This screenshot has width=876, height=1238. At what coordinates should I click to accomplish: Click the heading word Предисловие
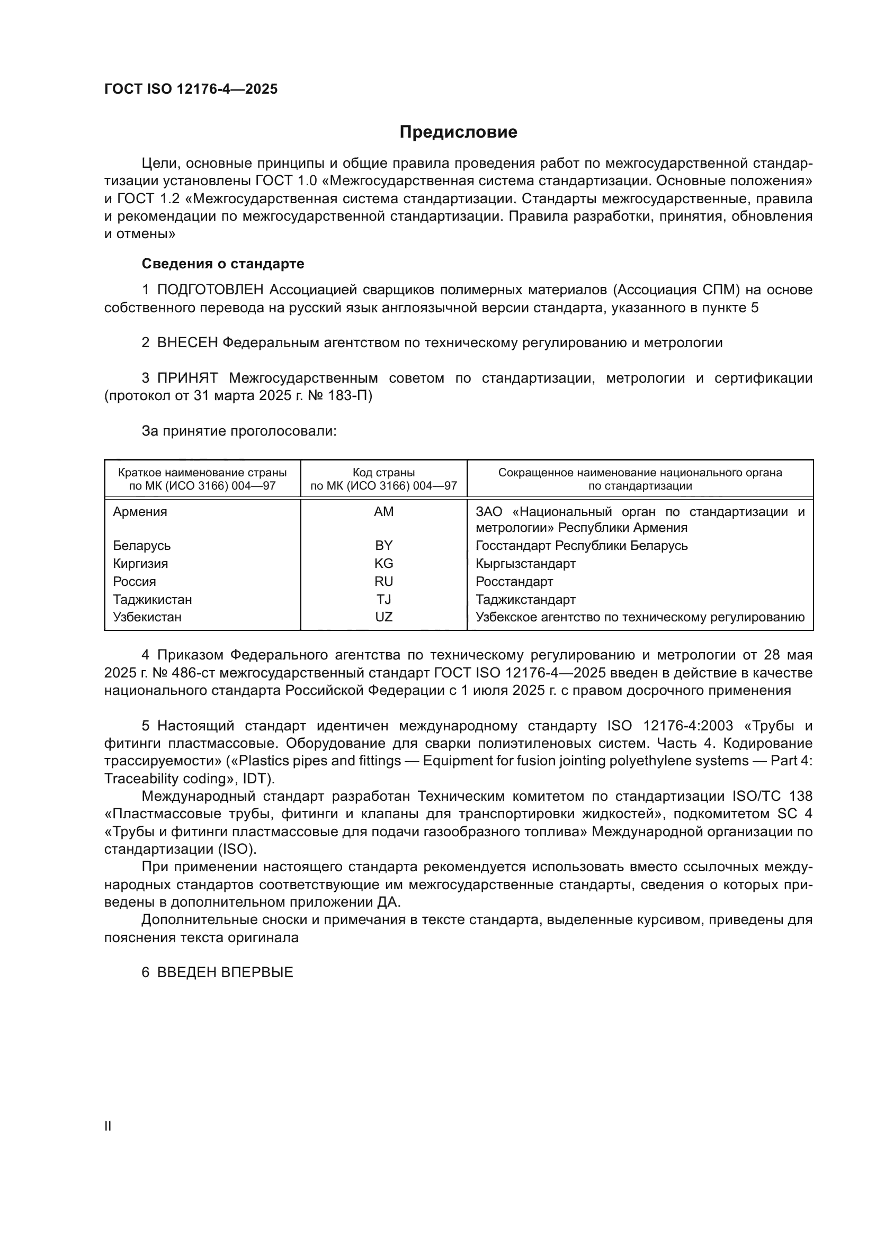[458, 132]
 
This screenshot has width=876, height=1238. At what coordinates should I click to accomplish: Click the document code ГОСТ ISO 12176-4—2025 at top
[191, 89]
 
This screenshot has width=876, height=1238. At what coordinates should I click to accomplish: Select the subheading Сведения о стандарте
[223, 264]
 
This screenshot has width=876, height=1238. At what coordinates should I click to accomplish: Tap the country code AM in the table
[383, 512]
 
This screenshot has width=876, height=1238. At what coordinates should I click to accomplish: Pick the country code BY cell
[383, 545]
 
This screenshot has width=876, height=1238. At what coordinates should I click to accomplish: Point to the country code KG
[383, 564]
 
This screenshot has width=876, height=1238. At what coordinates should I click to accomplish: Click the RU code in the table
[383, 581]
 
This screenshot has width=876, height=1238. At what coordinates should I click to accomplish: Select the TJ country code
[383, 599]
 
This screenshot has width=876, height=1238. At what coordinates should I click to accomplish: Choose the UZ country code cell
[383, 617]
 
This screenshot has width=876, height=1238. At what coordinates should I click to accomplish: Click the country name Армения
[140, 512]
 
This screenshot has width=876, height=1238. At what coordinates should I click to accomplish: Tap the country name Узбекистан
[147, 617]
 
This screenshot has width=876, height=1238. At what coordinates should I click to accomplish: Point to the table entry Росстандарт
[514, 581]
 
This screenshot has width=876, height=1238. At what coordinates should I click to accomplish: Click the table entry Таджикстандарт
[525, 599]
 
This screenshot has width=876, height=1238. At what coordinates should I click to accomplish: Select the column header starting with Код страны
[383, 479]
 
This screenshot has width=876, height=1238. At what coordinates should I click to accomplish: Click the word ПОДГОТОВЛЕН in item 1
[210, 290]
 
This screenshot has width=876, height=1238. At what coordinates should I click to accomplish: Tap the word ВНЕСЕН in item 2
[187, 342]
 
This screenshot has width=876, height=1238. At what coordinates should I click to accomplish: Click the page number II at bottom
[108, 1126]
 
